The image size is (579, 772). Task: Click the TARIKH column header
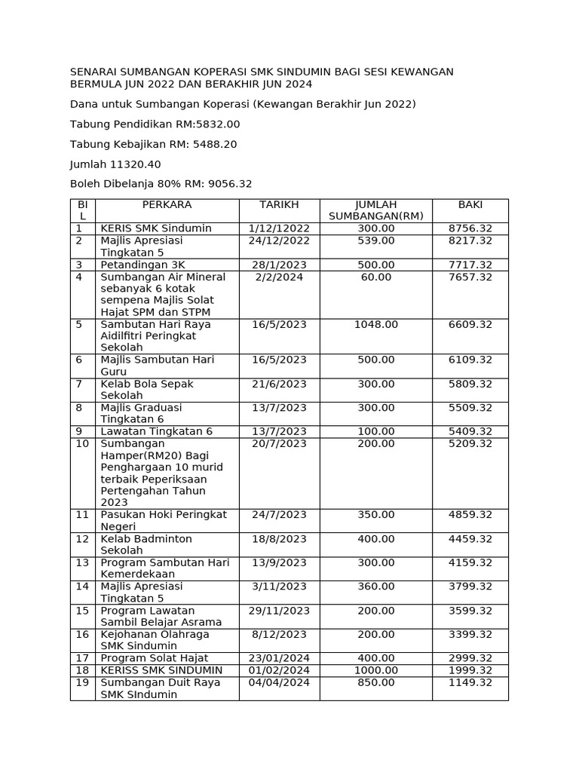[279, 205]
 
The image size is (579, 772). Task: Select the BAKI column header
[470, 205]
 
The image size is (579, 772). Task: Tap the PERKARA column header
[167, 205]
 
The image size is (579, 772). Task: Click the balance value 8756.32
[470, 228]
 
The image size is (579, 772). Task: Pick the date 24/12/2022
[279, 240]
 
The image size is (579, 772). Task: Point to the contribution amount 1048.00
[375, 324]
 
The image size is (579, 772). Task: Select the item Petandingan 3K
[142, 265]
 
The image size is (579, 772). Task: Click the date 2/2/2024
[279, 277]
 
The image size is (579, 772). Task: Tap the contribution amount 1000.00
[375, 670]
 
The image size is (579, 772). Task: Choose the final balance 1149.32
[470, 682]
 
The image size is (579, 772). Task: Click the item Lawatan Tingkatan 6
[157, 431]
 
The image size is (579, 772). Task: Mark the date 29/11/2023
[279, 611]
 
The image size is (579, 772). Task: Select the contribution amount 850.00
[375, 682]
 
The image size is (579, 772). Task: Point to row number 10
[82, 443]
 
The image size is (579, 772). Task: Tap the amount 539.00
[375, 240]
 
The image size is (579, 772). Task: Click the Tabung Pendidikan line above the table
[155, 124]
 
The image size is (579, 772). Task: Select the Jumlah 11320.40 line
[115, 164]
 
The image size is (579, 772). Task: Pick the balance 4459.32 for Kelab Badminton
[470, 539]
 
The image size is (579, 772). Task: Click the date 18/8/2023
[279, 539]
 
